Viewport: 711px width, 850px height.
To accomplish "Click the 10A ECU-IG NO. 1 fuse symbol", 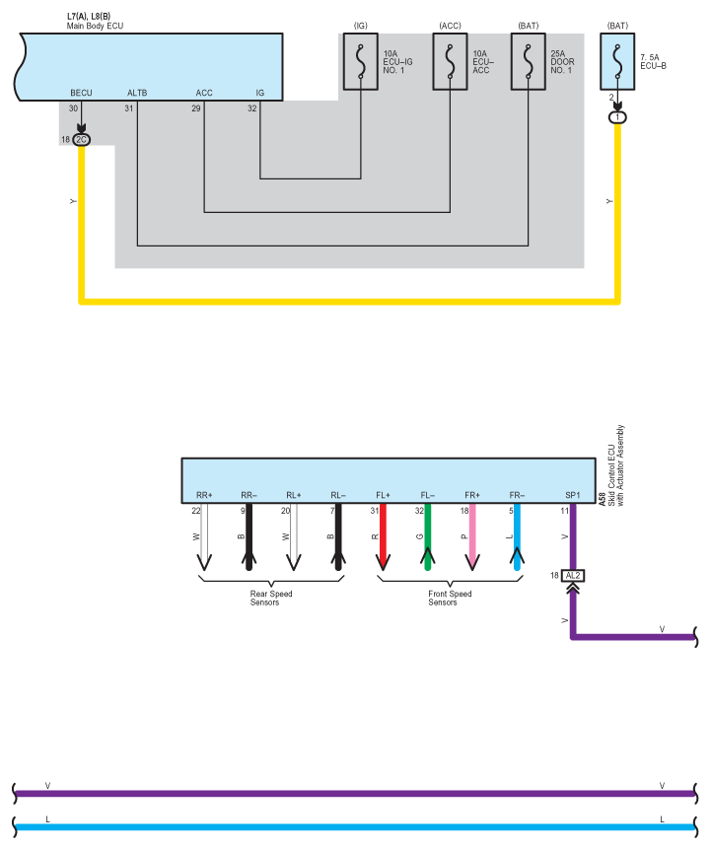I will pyautogui.click(x=361, y=62).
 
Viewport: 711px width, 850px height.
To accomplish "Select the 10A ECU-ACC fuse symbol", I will pyautogui.click(x=450, y=62).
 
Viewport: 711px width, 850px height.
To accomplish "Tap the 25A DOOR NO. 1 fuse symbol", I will pyautogui.click(x=528, y=62).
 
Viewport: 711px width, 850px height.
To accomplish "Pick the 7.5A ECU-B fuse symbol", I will pyautogui.click(x=617, y=62).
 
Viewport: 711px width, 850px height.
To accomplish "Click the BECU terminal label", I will pyautogui.click(x=81, y=93).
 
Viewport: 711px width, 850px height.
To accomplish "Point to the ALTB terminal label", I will pyautogui.click(x=137, y=93).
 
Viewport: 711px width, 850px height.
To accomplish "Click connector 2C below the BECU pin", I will pyautogui.click(x=81, y=140).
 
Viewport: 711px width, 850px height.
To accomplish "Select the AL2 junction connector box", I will pyautogui.click(x=573, y=574).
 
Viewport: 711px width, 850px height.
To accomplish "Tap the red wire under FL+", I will pyautogui.click(x=383, y=537).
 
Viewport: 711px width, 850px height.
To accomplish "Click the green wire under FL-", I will pyautogui.click(x=427, y=537).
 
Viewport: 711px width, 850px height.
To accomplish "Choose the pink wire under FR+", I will pyautogui.click(x=472, y=537).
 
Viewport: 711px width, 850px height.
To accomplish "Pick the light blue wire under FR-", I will pyautogui.click(x=517, y=537).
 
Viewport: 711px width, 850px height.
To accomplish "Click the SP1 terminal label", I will pyautogui.click(x=573, y=495).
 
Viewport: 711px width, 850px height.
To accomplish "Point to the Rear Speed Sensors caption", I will pyautogui.click(x=271, y=598).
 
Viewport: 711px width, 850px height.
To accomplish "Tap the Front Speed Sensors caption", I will pyautogui.click(x=450, y=598).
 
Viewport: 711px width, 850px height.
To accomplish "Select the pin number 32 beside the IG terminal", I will pyautogui.click(x=253, y=108).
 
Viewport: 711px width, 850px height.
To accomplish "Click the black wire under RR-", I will pyautogui.click(x=249, y=537).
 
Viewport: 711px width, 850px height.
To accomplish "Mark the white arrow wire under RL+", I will pyautogui.click(x=293, y=537).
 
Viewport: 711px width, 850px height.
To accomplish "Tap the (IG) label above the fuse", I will pyautogui.click(x=361, y=24).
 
